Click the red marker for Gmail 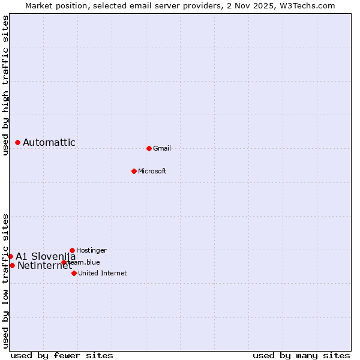(149, 148)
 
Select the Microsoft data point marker (134, 171)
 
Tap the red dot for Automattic (18, 142)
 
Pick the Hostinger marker (72, 250)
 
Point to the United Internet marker (74, 273)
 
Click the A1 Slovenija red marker (10, 256)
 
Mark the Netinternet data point (12, 265)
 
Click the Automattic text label (49, 142)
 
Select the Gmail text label (162, 148)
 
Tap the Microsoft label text (152, 171)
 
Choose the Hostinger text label (91, 250)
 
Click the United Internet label (103, 273)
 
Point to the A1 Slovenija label (46, 256)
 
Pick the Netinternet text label (44, 265)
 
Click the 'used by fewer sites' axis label (62, 355)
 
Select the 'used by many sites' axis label (301, 355)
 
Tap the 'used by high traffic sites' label (5, 85)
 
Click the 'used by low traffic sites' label (5, 280)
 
